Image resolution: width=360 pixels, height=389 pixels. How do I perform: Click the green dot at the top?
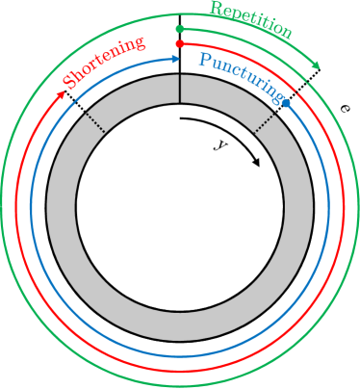(180, 29)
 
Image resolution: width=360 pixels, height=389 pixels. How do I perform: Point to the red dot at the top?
(180, 43)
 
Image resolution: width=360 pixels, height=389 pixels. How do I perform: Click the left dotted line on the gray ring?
(95, 122)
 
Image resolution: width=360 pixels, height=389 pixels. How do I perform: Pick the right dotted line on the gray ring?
(265, 122)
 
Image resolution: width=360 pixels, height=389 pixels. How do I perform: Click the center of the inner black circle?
(180, 207)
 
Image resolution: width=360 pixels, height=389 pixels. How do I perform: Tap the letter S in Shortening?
(69, 83)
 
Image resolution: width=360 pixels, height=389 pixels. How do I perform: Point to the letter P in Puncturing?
(203, 62)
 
